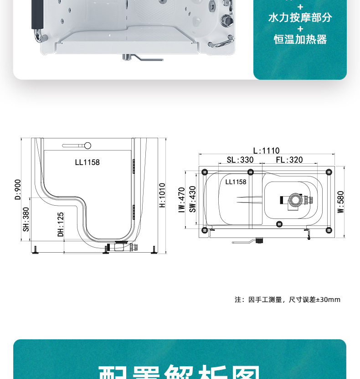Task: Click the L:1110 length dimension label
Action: [x=267, y=151]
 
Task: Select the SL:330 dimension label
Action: [x=240, y=160]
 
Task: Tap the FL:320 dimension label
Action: [x=289, y=160]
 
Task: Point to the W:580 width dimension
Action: [x=340, y=202]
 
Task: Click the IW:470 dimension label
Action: [x=181, y=200]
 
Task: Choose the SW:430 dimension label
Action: [x=192, y=199]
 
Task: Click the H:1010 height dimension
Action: [x=162, y=195]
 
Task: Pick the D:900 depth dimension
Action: [x=18, y=189]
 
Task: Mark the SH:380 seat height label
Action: [x=26, y=219]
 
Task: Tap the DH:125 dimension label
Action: [x=61, y=224]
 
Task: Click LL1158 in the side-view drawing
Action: [x=87, y=162]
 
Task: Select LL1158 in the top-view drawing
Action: [x=236, y=182]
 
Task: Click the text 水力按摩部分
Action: [x=300, y=18]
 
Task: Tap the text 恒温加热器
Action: [x=300, y=40]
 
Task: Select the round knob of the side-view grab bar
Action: [x=87, y=145]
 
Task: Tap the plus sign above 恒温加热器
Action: [x=300, y=29]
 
